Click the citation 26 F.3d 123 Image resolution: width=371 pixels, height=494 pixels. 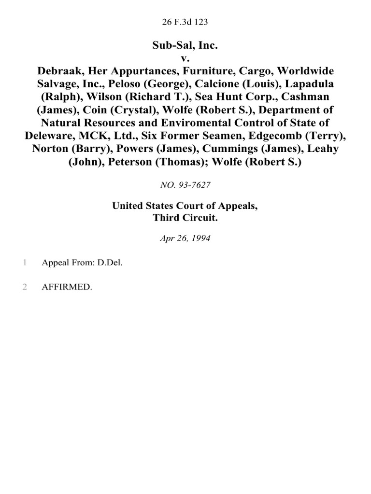pos(185,22)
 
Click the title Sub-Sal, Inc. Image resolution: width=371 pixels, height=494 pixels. pos(185,46)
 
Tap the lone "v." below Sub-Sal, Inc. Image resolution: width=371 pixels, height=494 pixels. pos(185,59)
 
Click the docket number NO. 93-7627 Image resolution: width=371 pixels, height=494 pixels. pos(185,185)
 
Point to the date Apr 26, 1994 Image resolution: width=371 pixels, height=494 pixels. pos(185,239)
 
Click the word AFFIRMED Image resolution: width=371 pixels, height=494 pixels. pos(67,287)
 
